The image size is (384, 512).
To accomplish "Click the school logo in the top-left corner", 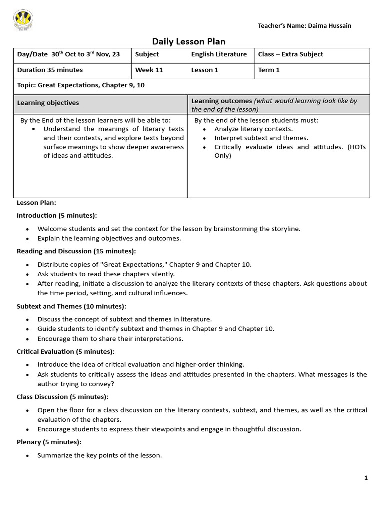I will tap(23, 20).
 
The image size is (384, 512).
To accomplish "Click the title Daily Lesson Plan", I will tap(185, 42).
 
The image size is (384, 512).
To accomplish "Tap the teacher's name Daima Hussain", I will tap(304, 25).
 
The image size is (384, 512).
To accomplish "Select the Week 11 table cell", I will tap(149, 70).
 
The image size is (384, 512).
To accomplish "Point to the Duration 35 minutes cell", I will tap(50, 70).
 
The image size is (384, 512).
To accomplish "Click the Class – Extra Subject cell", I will tap(290, 54).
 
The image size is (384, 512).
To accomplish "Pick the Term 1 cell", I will tap(269, 70).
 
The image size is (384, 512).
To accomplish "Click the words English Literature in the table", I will tap(219, 54).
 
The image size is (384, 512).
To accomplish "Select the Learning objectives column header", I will tap(48, 103).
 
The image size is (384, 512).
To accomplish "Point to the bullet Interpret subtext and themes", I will tap(261, 138).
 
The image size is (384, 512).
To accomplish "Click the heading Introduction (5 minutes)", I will tap(57, 215).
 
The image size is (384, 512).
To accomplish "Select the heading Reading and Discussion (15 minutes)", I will tap(76, 251).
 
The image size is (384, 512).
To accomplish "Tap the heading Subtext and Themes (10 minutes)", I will tap(71, 306).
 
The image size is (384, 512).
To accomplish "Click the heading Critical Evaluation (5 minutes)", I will tap(66, 351).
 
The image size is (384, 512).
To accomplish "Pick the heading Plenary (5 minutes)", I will tap(49, 442).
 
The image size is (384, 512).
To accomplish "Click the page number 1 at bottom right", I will tap(366, 478).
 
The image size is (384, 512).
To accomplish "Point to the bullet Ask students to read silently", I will tap(106, 274).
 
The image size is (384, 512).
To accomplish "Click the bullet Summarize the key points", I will tap(99, 455).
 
